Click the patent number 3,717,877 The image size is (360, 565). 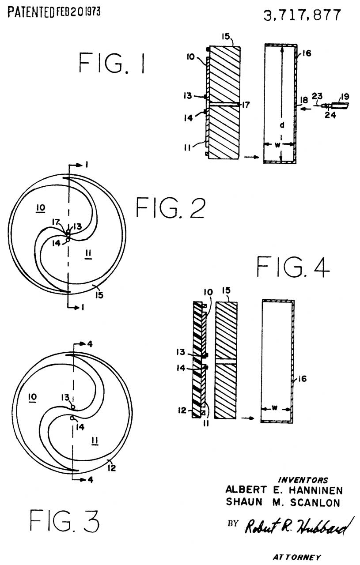coord(302,15)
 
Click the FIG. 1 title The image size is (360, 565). coord(112,63)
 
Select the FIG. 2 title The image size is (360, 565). coord(171,207)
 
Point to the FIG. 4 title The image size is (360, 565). coord(293,267)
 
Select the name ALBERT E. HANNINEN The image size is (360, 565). coord(284,490)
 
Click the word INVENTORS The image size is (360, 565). coord(303,480)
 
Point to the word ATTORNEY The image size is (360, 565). coord(297,557)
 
